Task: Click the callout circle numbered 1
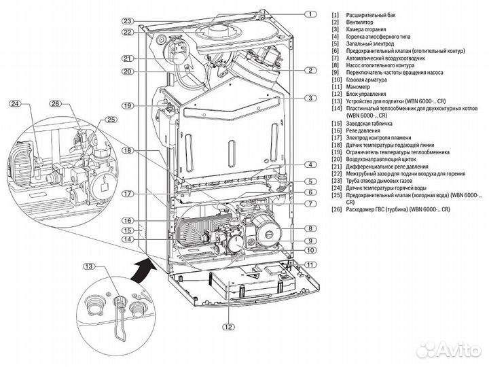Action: pos(311,14)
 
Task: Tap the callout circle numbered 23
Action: pos(127,20)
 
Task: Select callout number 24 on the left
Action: pos(16,104)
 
